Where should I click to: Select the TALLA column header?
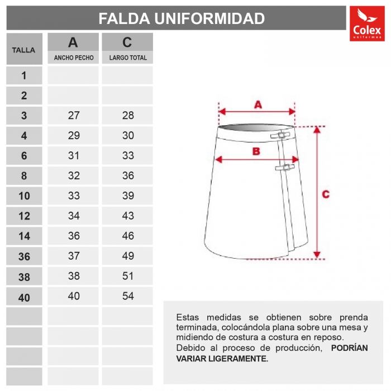(x=23, y=50)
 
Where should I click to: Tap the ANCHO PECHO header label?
(x=73, y=58)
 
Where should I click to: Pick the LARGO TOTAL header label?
(x=128, y=58)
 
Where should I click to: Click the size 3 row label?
(x=24, y=116)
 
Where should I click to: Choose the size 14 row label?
(x=24, y=236)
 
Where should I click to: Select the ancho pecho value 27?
(x=74, y=116)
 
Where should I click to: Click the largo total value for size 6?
(x=128, y=156)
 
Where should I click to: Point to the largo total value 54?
(x=128, y=296)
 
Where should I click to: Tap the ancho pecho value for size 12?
(x=74, y=216)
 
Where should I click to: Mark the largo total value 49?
(x=128, y=256)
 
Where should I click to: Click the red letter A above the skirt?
(x=258, y=104)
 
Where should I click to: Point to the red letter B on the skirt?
(x=256, y=151)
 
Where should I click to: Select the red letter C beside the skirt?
(x=326, y=194)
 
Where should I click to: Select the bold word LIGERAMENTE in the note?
(x=241, y=359)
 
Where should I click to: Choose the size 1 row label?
(x=24, y=75)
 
